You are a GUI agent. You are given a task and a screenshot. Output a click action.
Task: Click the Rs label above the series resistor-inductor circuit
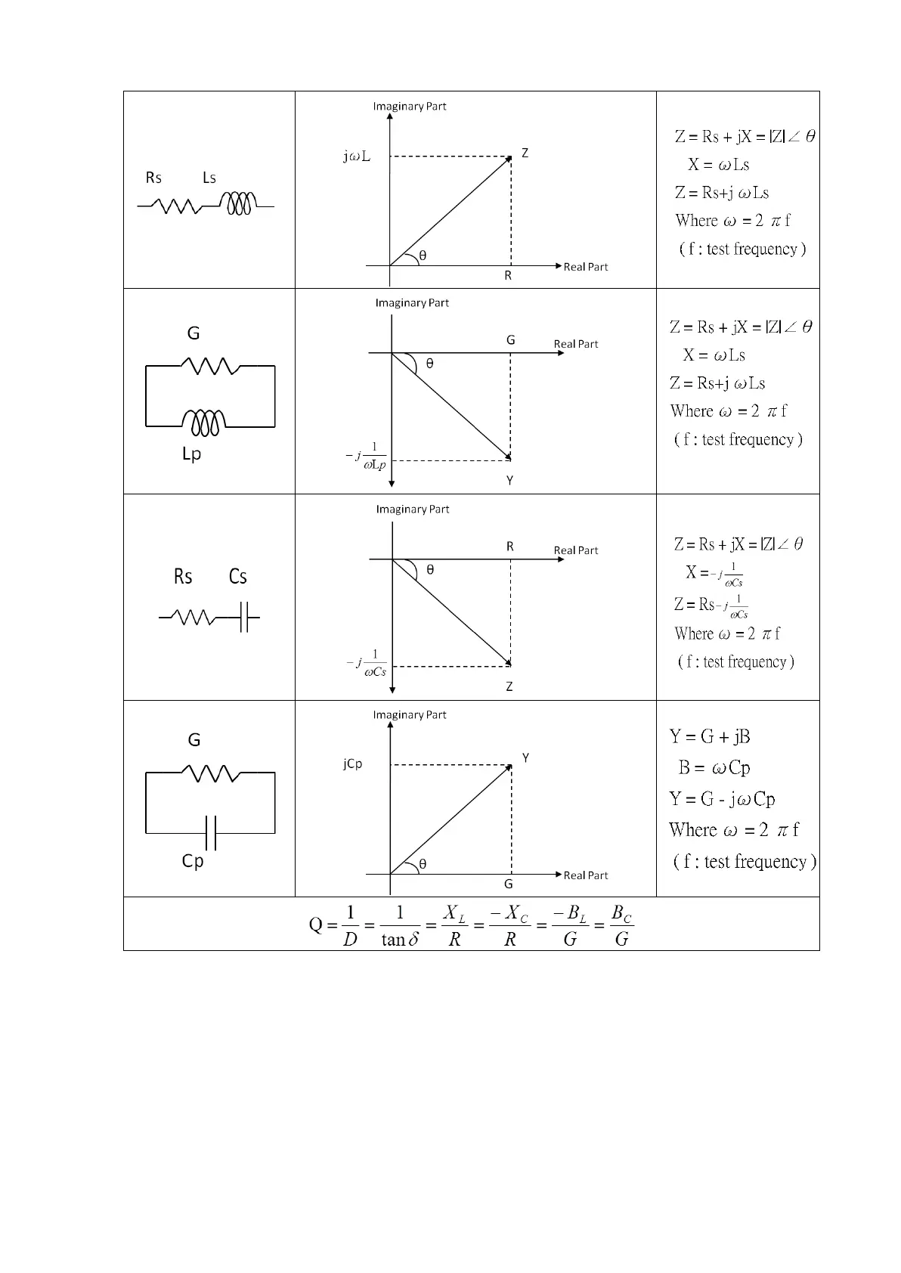point(153,178)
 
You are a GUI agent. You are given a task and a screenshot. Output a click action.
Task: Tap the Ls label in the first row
point(209,178)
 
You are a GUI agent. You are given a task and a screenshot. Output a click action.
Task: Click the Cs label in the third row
point(237,577)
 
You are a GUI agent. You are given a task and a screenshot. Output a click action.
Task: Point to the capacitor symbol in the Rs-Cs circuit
point(244,618)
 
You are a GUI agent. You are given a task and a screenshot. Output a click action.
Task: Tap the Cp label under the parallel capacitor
point(193,861)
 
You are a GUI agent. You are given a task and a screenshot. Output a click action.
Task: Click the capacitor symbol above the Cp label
point(211,832)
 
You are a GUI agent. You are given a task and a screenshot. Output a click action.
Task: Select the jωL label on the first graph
point(357,156)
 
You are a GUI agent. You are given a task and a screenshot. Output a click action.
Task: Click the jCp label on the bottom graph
point(352,764)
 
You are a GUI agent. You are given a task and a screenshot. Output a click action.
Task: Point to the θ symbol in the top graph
point(423,256)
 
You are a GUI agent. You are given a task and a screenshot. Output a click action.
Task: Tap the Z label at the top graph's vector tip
point(525,153)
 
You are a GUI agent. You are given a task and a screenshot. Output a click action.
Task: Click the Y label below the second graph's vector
point(509,481)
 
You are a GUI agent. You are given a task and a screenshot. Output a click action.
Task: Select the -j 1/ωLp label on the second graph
point(366,457)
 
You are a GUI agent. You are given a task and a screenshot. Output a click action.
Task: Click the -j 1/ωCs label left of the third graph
point(367,663)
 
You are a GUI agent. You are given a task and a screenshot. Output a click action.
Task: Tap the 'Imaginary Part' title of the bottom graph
point(410,715)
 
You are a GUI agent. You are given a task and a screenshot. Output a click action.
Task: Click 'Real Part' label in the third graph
point(575,550)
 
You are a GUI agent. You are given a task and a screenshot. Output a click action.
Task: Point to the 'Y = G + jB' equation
point(710,736)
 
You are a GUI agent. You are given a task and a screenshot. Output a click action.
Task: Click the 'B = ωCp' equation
point(714,768)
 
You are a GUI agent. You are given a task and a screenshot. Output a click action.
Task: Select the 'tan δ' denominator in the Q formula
point(400,940)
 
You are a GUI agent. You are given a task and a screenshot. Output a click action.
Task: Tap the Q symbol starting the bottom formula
point(316,925)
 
